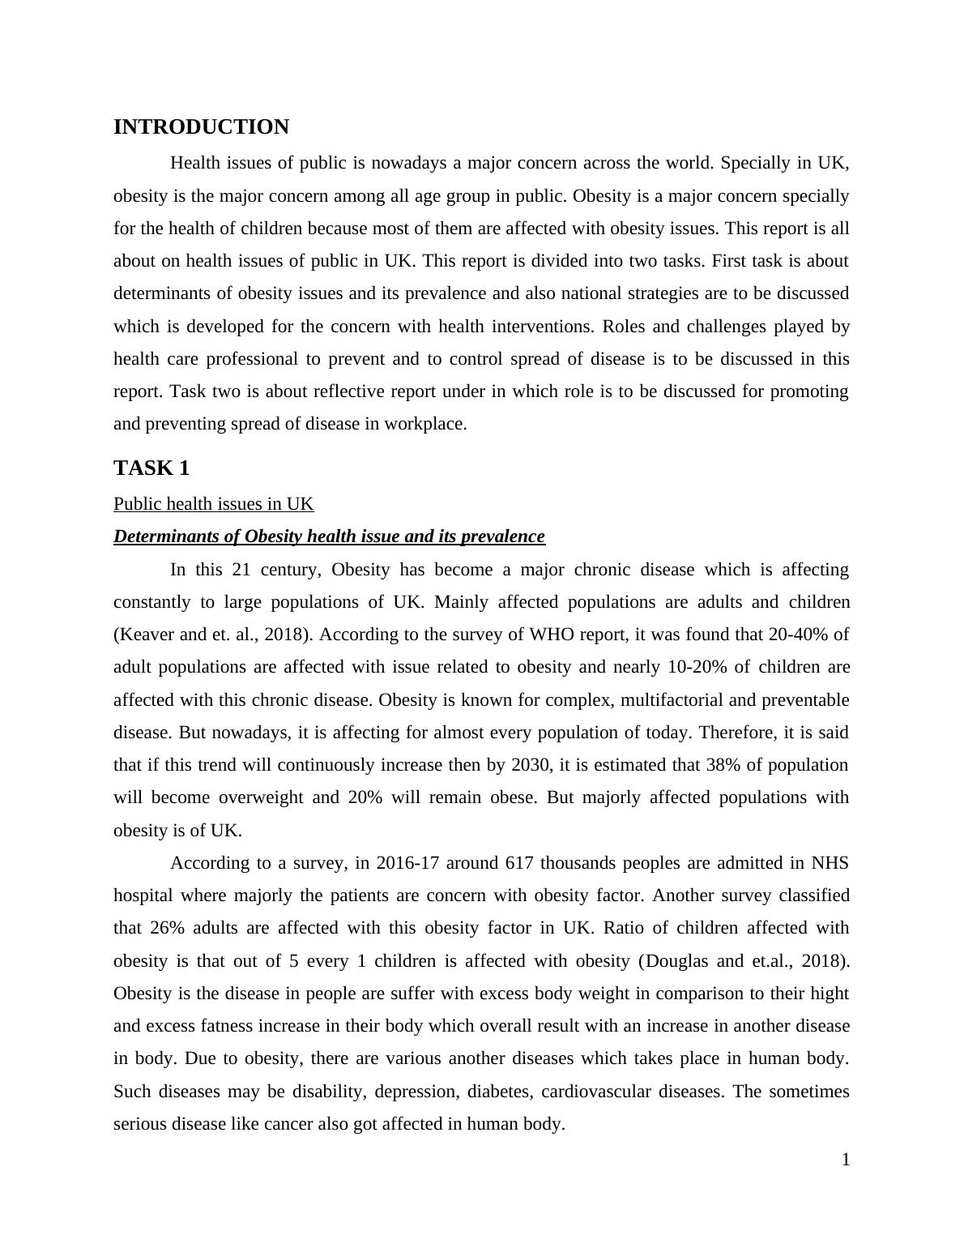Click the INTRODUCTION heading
pyautogui.click(x=201, y=127)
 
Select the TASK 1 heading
pyautogui.click(x=151, y=468)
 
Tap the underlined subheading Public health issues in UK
pyautogui.click(x=213, y=504)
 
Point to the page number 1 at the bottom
pyautogui.click(x=846, y=1160)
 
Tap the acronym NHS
pyautogui.click(x=830, y=863)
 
